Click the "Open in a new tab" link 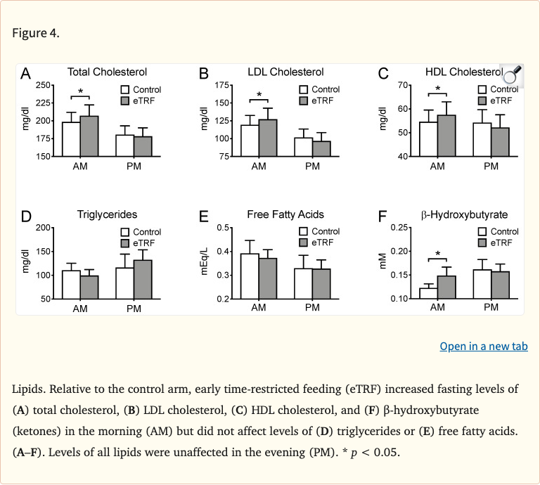pos(483,347)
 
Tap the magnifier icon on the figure pos(511,74)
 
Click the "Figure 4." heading pos(35,33)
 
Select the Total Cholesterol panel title pos(107,72)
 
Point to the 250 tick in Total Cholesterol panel pos(44,85)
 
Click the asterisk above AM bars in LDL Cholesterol pos(259,95)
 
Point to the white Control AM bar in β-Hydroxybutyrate pos(428,293)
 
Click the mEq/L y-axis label pos(204,261)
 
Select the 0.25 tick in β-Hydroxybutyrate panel pos(399,227)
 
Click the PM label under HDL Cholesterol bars pos(491,166)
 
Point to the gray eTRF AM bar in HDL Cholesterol pos(446,136)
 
